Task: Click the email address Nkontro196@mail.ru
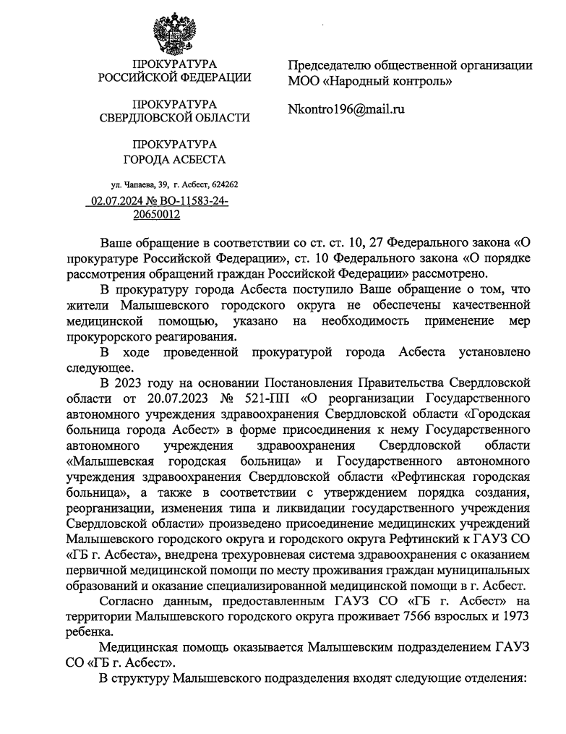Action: click(346, 109)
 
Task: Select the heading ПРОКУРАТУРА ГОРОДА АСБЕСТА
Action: click(174, 152)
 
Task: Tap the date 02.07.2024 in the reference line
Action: click(116, 202)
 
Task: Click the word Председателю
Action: click(333, 64)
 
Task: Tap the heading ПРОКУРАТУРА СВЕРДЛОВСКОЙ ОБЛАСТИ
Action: click(174, 111)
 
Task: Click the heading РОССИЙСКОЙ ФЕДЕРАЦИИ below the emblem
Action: click(174, 78)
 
